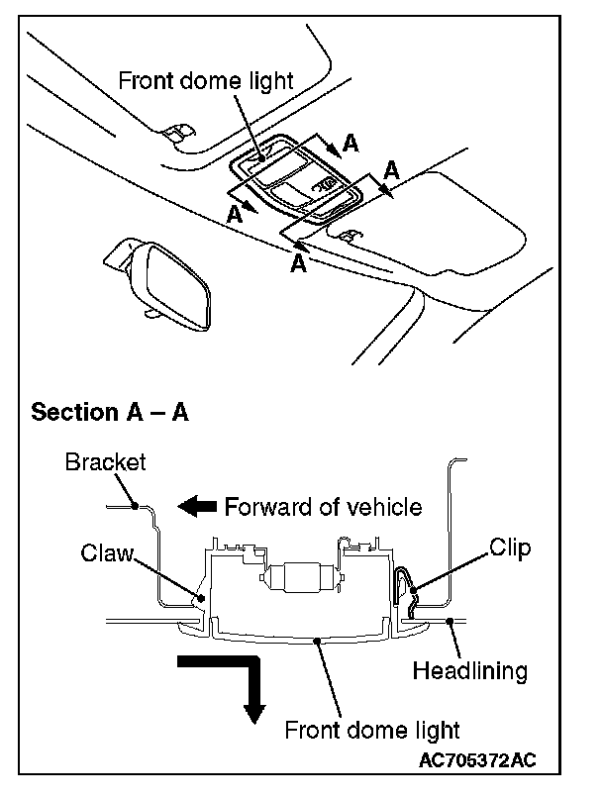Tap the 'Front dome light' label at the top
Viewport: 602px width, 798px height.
pos(206,80)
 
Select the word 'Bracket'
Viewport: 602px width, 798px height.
pos(105,461)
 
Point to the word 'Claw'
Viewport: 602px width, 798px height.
pos(107,552)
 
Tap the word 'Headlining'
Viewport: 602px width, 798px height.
pos(469,671)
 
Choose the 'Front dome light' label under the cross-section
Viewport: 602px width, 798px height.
pos(372,732)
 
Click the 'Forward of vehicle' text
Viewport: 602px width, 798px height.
pos(323,507)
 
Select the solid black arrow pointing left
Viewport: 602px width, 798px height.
pos(197,507)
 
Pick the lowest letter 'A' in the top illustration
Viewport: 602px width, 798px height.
pos(298,263)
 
